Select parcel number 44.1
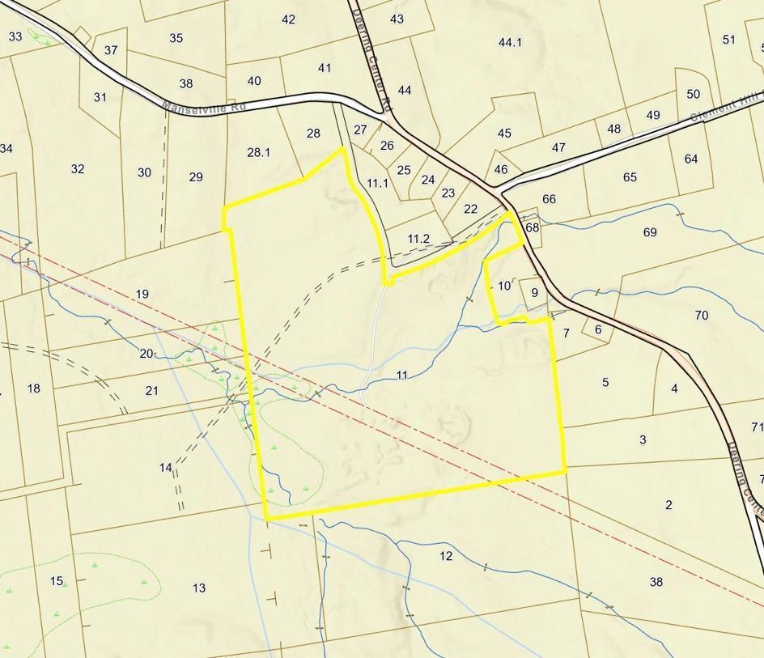click(510, 42)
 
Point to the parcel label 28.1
click(258, 152)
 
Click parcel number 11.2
click(418, 238)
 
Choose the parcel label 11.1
click(377, 184)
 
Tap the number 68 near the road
click(532, 227)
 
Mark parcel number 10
click(504, 286)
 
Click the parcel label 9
click(534, 292)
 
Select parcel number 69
click(650, 232)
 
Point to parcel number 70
click(701, 315)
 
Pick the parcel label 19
click(142, 294)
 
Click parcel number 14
click(166, 468)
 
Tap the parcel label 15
click(57, 581)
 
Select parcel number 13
click(199, 588)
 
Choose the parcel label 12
click(446, 556)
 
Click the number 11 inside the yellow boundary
click(402, 375)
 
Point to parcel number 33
click(15, 36)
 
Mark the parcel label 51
click(729, 40)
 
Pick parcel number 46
click(501, 169)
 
